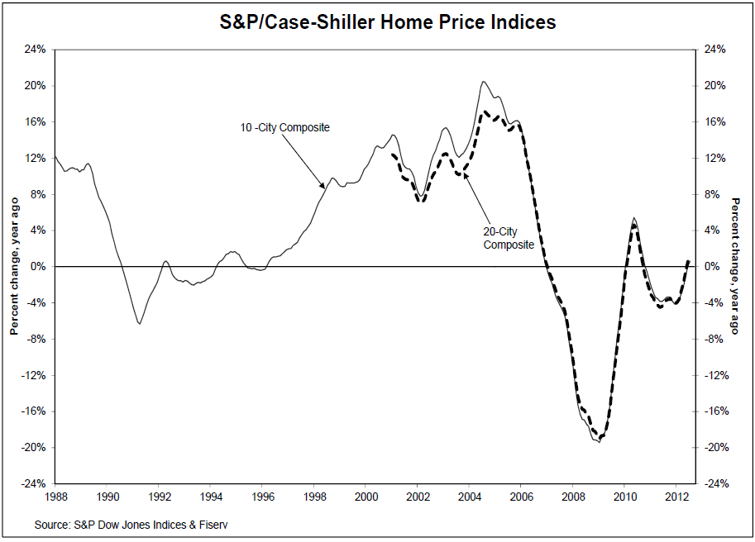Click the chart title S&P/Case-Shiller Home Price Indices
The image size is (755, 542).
coord(378,22)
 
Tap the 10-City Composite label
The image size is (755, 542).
coord(284,127)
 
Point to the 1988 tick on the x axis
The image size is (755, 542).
coord(55,497)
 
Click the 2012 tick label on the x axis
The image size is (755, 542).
coord(676,497)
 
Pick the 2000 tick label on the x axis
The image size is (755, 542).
coord(366,497)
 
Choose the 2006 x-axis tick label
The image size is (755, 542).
coord(521,497)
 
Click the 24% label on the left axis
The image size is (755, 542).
coord(34,50)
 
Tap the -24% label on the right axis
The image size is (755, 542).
coord(714,484)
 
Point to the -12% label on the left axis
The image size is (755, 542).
coord(32,375)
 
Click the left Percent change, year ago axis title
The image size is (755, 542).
coord(14,267)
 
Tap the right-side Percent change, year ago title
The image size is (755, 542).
coord(735,267)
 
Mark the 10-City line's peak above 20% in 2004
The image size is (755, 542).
coord(484,81)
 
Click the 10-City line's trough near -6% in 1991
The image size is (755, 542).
coord(139,324)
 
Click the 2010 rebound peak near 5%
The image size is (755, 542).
coord(633,219)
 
